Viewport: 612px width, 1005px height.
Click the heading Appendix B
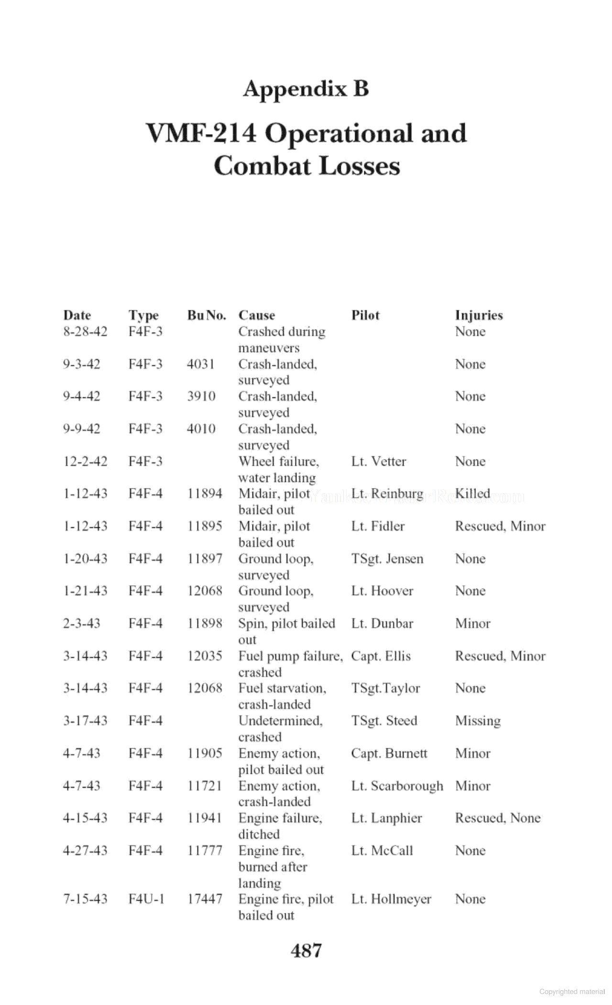click(x=306, y=89)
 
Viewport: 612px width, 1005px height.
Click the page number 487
click(x=306, y=950)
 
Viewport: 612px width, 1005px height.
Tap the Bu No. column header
click(x=206, y=315)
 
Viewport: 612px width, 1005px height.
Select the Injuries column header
click(x=479, y=315)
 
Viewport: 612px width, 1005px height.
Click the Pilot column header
click(x=365, y=315)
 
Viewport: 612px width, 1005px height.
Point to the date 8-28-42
click(x=85, y=331)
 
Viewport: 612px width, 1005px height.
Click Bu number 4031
click(x=201, y=364)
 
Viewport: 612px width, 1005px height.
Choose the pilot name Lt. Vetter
click(x=378, y=461)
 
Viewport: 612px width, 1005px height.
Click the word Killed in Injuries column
click(x=472, y=493)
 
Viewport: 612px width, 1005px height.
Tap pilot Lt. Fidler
click(x=378, y=526)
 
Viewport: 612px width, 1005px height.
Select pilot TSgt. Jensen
click(x=387, y=558)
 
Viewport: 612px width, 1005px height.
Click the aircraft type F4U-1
click(x=146, y=899)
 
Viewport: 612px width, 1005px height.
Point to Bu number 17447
click(x=205, y=899)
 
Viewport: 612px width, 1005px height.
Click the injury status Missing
click(x=478, y=720)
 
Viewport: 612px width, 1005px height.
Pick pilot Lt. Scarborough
click(x=397, y=786)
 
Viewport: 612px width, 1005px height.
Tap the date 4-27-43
click(x=85, y=850)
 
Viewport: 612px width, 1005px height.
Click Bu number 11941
click(x=205, y=818)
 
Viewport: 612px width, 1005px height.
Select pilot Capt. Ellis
click(x=381, y=656)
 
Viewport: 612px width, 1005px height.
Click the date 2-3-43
click(x=82, y=623)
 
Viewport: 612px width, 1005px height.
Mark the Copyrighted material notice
click(x=572, y=992)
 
